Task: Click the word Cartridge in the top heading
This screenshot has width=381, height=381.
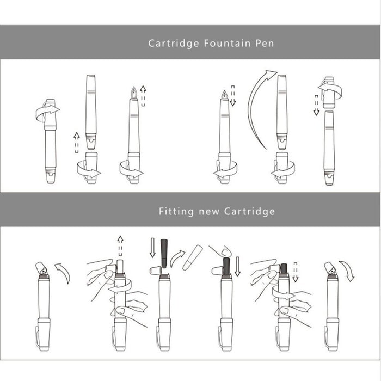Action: (x=174, y=44)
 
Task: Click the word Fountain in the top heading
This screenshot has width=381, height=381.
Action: (x=227, y=43)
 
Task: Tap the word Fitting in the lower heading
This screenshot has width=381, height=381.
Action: (x=176, y=211)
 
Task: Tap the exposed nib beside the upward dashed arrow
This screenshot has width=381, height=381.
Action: (x=134, y=93)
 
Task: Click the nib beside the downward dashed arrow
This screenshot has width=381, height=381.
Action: (x=224, y=95)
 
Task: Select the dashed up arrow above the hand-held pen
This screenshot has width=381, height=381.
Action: (x=120, y=245)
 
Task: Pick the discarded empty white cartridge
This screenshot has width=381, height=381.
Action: (x=193, y=257)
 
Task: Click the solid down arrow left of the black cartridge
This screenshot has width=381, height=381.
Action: (x=152, y=248)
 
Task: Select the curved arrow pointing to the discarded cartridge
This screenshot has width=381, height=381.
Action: (x=177, y=259)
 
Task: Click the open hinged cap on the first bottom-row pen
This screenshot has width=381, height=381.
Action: (x=41, y=268)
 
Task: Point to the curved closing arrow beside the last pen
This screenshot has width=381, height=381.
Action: (x=348, y=270)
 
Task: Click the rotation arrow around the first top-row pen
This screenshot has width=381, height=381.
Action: (x=47, y=112)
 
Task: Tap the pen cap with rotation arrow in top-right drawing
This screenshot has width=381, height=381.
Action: (x=329, y=93)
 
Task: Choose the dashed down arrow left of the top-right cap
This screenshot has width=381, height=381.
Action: (x=316, y=105)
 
